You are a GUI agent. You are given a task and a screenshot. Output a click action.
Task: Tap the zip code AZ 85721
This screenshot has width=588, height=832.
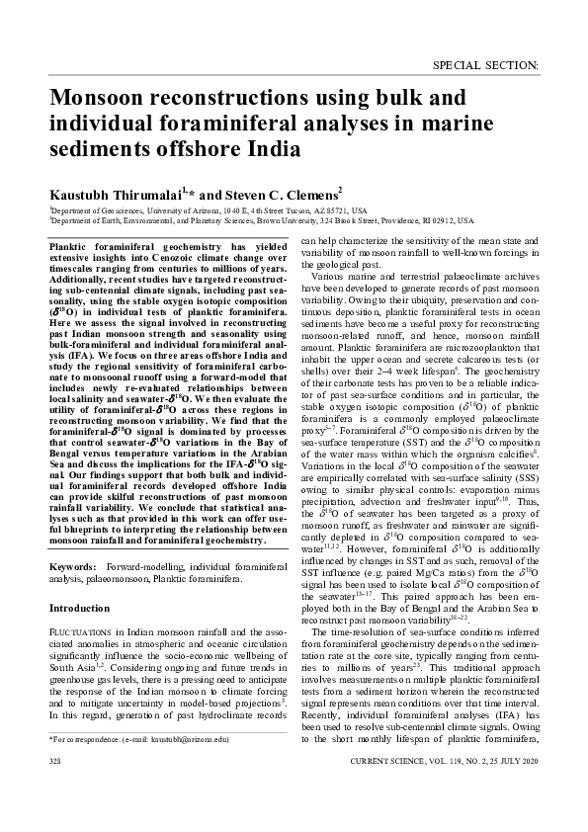click(335, 210)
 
